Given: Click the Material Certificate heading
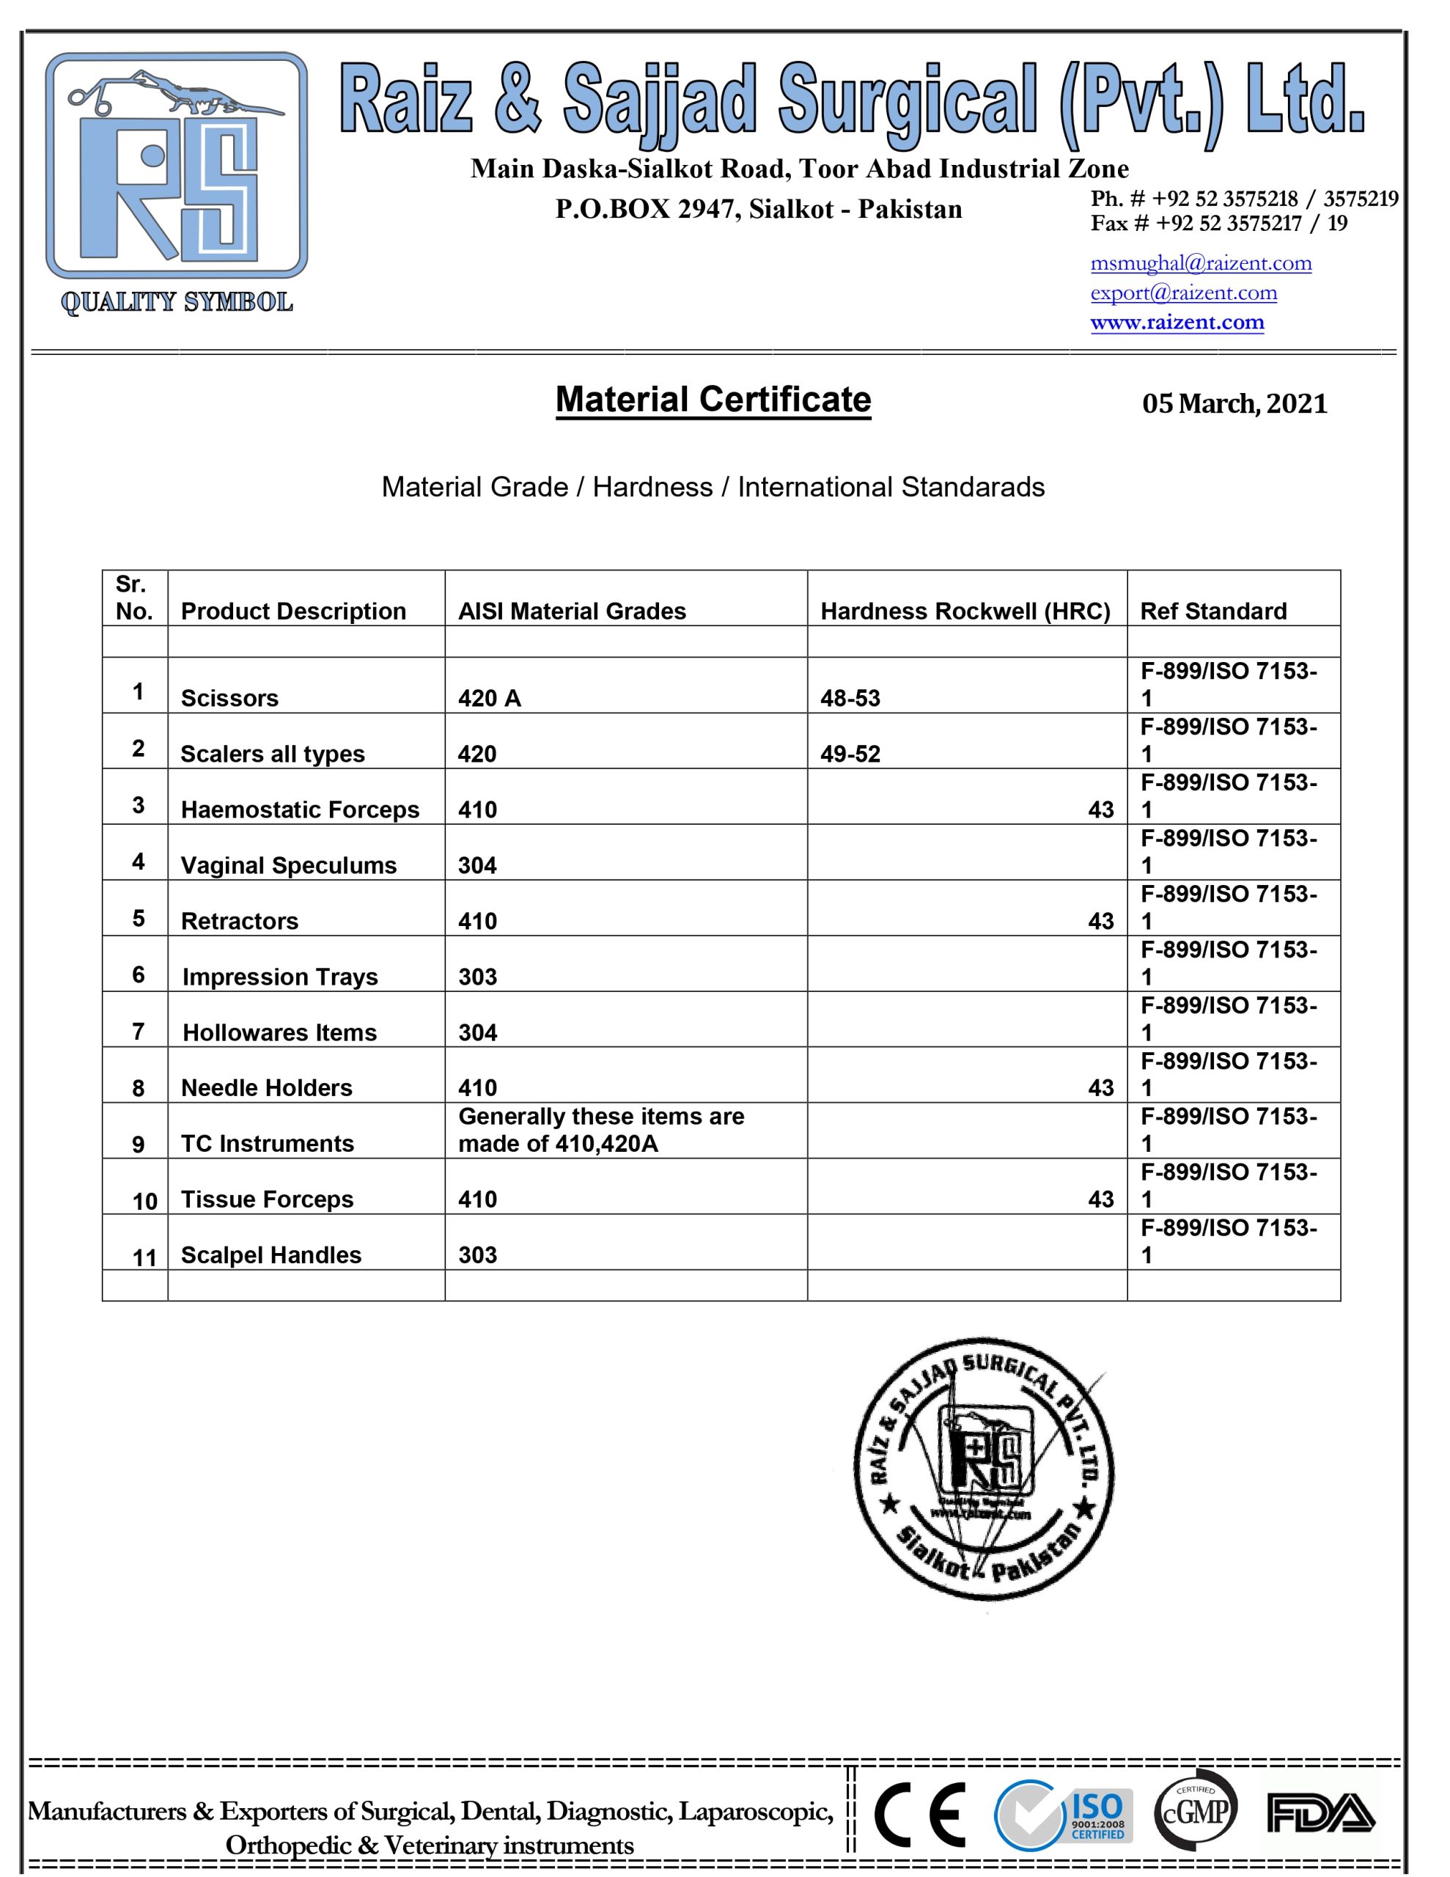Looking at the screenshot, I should [x=713, y=400].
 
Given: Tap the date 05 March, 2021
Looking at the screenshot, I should [x=1234, y=403].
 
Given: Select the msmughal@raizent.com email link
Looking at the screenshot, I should [x=1201, y=263].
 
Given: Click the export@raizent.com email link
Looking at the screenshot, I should [x=1184, y=293].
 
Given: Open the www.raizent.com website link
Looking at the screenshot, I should [x=1177, y=323].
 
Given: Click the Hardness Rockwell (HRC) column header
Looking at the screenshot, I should [x=965, y=611].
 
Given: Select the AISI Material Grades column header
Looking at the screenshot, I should [x=572, y=611].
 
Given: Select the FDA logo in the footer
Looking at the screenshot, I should [x=1320, y=1813].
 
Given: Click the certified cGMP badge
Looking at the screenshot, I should [x=1195, y=1812].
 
